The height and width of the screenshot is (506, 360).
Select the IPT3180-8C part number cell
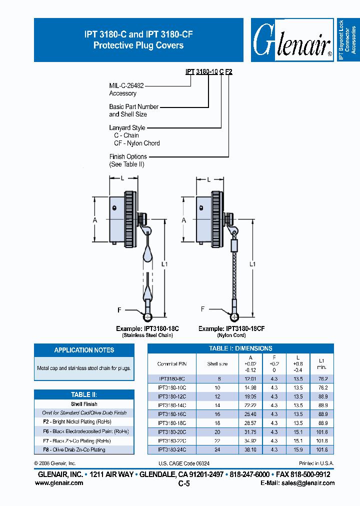pos(171,378)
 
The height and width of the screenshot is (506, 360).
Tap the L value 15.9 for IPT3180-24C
pos(298,449)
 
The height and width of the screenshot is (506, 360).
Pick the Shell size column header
pos(217,363)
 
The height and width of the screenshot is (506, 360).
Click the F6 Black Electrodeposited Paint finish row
pos(84,431)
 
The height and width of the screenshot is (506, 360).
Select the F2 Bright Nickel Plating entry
pos(84,422)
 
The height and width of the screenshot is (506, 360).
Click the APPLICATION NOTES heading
pos(84,350)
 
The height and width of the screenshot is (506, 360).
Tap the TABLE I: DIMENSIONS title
pos(240,348)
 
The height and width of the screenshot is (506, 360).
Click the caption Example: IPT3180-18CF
pos(231,328)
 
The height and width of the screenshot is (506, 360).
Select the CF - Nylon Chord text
pos(136,143)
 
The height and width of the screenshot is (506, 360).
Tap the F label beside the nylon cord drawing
pos(203,309)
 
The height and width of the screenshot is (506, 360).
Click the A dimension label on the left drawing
pos(95,219)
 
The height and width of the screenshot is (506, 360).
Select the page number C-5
pos(184,483)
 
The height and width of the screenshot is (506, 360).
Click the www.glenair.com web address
pos(59,483)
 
